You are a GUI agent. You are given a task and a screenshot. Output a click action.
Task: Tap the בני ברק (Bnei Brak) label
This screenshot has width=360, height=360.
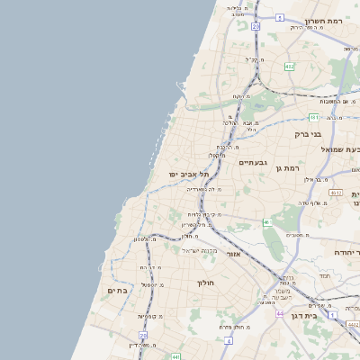pos(308,134)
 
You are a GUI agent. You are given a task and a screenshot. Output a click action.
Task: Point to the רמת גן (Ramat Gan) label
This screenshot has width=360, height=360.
pos(292,168)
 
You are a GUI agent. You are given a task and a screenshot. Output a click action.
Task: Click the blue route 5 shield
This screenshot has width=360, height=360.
pos(280,17)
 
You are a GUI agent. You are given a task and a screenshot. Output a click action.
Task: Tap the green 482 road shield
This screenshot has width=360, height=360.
pos(288,67)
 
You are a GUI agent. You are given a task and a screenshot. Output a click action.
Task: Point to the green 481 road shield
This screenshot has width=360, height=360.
pos(313,117)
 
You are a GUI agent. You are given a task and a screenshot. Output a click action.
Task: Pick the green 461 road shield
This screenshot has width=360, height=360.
pos(266,221)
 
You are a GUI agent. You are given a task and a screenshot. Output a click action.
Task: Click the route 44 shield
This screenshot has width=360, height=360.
pos(281,312)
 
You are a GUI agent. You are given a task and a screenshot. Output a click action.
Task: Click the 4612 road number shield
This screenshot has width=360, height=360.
pos(335,193)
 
